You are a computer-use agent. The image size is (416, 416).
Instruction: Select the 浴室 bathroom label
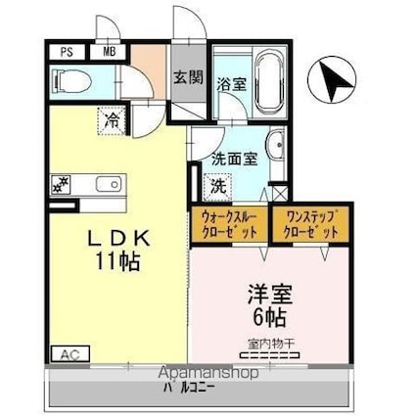231,85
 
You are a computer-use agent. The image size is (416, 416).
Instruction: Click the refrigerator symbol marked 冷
113,121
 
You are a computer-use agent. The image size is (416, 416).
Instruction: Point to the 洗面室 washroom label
235,157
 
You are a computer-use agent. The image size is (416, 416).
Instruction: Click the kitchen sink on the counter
106,183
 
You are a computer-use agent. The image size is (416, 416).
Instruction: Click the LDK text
117,238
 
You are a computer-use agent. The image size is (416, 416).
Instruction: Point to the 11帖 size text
117,261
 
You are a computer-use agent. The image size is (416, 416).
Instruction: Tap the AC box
69,353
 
